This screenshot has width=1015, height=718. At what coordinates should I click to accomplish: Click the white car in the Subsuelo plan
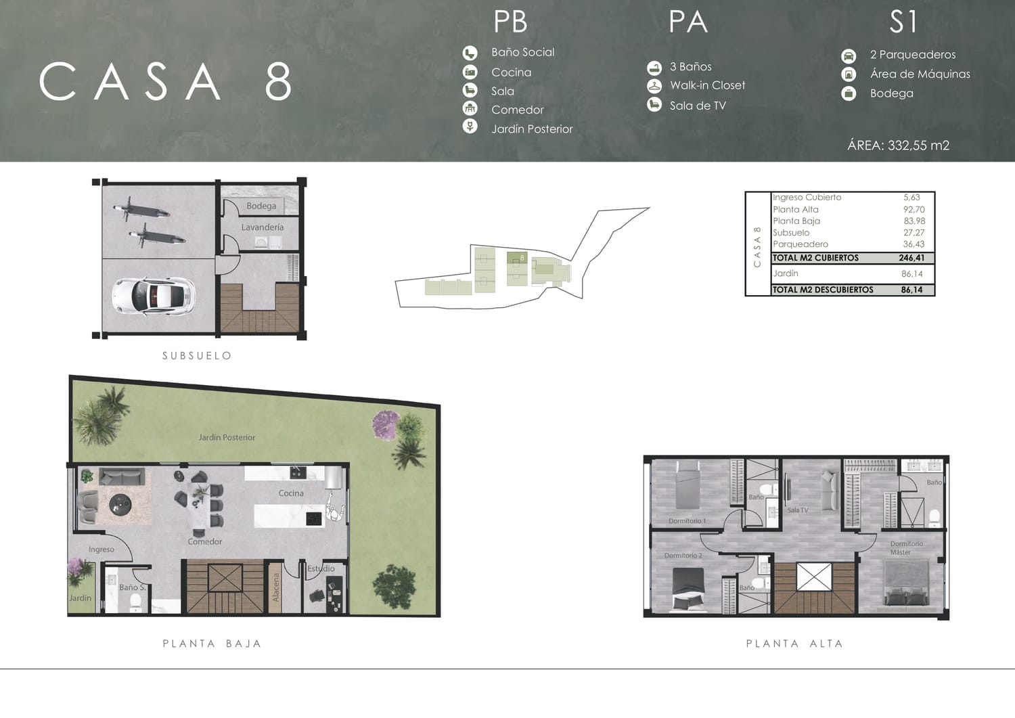154,296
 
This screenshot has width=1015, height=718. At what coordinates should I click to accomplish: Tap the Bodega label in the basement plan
261,206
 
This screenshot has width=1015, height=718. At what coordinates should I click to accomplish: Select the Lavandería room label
263,227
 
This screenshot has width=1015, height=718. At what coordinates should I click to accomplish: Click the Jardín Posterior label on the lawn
227,437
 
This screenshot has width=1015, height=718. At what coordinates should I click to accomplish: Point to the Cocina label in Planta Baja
291,493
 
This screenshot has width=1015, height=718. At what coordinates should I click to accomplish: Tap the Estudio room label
321,568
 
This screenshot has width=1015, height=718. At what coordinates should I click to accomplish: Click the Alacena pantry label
276,588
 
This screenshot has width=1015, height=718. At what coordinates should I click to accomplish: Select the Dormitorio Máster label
906,547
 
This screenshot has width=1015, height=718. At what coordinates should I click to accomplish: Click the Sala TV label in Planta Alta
798,510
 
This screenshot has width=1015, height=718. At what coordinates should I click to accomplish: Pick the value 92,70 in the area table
914,209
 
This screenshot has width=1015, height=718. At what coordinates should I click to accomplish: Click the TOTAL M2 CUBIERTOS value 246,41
911,258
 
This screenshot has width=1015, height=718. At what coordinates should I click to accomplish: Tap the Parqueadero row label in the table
800,244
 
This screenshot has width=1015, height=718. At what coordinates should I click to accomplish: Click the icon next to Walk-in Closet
654,86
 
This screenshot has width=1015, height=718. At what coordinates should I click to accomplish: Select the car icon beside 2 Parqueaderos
849,55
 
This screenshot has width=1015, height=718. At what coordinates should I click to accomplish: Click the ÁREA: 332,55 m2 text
898,145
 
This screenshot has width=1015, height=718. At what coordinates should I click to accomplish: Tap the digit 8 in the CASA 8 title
277,81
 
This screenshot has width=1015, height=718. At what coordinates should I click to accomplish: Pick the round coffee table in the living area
120,504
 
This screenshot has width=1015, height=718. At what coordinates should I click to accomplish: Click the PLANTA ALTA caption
794,644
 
